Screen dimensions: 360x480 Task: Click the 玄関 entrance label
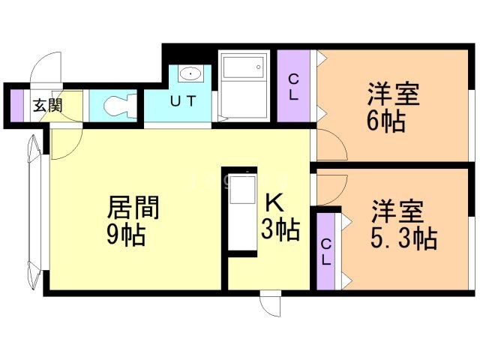point(46,105)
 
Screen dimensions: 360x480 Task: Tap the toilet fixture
point(116,105)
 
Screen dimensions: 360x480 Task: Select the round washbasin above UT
point(191,74)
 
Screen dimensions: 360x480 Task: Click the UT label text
point(181,100)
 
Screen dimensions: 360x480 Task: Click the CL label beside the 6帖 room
point(295,87)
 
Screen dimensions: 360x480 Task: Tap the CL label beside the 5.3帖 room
point(326,252)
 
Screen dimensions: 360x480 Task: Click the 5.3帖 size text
point(403,238)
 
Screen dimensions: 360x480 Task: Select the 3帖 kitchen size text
point(280,229)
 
